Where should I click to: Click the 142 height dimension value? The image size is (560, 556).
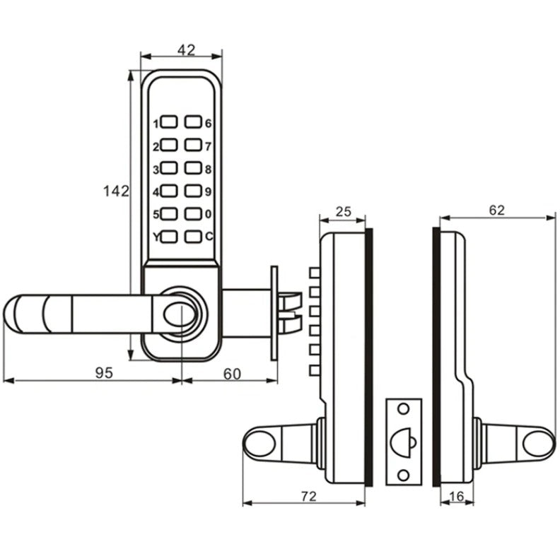(115, 191)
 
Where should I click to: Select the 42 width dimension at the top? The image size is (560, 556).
(186, 50)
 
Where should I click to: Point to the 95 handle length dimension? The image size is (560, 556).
(104, 374)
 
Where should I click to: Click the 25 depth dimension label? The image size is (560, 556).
(343, 211)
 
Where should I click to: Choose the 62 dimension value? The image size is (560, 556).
(496, 210)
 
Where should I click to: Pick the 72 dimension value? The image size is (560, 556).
(307, 497)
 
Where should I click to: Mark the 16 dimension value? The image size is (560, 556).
(457, 497)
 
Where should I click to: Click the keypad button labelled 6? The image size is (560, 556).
(193, 122)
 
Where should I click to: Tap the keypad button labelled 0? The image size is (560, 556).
(193, 213)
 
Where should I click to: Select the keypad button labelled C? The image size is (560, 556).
(193, 236)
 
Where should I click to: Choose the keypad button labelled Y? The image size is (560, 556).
(169, 236)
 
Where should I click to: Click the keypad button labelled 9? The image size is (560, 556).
(193, 190)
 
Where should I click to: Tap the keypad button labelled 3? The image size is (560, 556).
(169, 168)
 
